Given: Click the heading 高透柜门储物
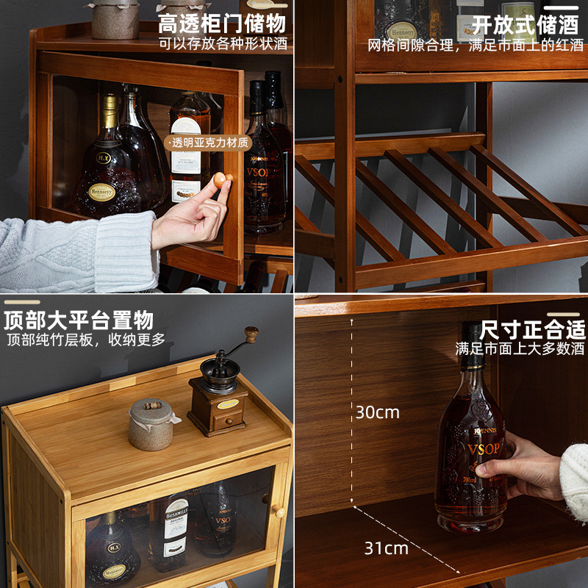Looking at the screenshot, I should [222, 22].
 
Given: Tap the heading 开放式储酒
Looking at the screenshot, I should [525, 24].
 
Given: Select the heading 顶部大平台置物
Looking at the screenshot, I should [79, 320].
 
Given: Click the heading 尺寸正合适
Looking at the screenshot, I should [533, 329].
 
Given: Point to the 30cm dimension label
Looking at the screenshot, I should [378, 412].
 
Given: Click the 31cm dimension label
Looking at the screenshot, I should [386, 548].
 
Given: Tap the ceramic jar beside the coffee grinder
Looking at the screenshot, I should [151, 424].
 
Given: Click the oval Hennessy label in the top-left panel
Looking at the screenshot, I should [102, 193].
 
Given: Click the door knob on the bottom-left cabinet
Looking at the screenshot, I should [279, 510].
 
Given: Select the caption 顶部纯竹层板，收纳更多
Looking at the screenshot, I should [86, 340].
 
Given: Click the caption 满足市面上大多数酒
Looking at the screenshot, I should [520, 348].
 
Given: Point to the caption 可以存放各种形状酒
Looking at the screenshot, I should [223, 43].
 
